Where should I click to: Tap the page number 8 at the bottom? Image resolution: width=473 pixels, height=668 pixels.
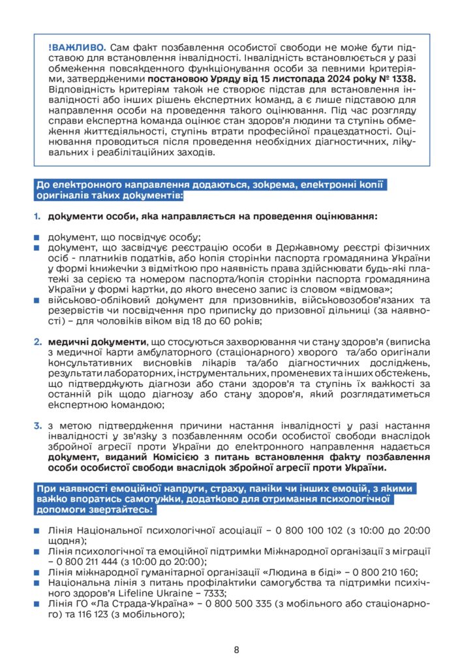(x=236, y=649)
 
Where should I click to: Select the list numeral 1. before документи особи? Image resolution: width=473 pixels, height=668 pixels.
(x=38, y=216)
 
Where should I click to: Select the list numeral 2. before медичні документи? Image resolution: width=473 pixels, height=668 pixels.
(x=38, y=341)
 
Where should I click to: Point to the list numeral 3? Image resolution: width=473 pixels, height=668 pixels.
(x=38, y=426)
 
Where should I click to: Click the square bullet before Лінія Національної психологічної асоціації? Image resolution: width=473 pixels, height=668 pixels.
(x=38, y=531)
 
